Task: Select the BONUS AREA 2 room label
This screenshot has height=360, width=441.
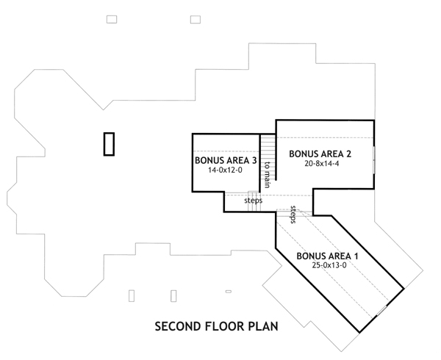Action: coord(320,154)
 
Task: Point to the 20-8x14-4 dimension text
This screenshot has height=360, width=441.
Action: coord(320,163)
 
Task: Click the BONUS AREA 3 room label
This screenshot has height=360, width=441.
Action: coord(226,160)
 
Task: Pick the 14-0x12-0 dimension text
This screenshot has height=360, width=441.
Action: coord(226,170)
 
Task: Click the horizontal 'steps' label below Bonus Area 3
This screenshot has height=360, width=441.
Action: coord(253,200)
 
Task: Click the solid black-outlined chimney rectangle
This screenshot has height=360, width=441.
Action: coord(110,143)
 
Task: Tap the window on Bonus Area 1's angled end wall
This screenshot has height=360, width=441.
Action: coord(381,314)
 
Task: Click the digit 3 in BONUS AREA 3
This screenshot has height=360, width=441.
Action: coord(254,160)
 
